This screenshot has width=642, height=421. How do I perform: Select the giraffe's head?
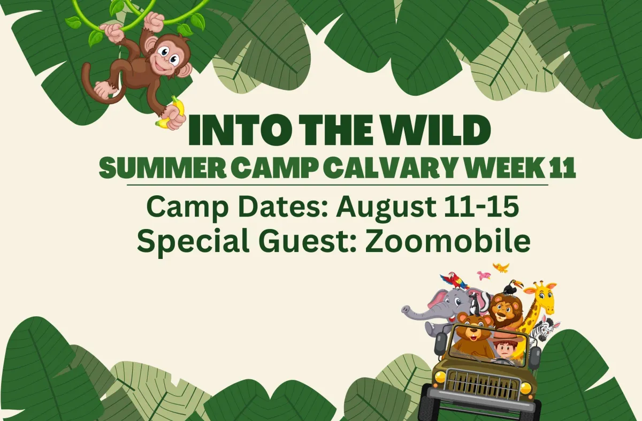tap(542, 297)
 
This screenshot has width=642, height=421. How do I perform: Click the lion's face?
tap(502, 311)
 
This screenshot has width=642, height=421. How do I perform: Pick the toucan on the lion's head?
tap(513, 287)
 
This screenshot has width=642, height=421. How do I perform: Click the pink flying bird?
tap(484, 275)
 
